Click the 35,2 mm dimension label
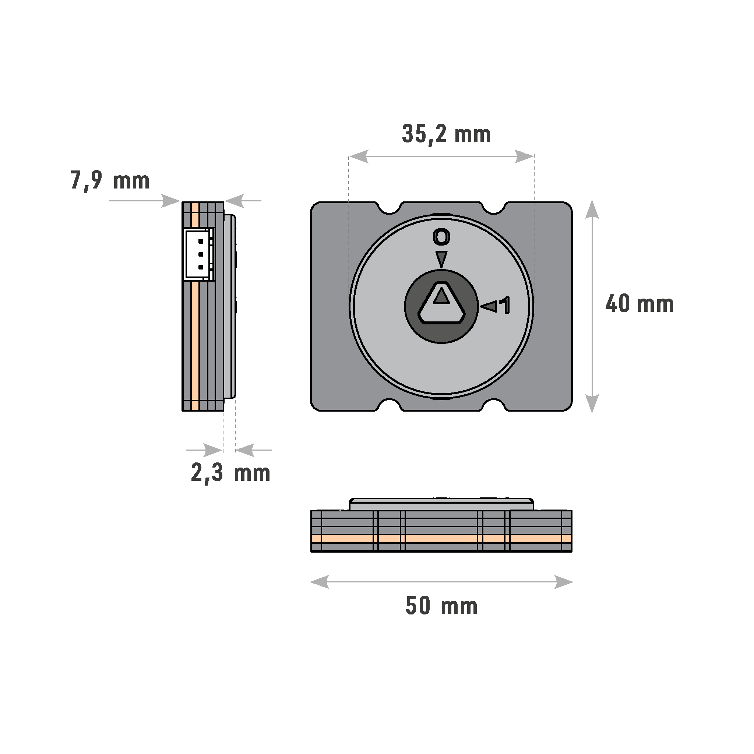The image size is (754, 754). coord(446,134)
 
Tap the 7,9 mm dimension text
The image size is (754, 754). coord(110,181)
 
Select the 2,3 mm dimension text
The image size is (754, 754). coord(230,473)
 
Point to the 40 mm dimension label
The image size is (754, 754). coord(639,304)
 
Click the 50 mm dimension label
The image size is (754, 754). coord(441,606)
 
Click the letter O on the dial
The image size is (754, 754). coord(441,237)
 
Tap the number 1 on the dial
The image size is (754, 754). coord(506,306)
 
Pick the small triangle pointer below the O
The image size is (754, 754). coord(441,259)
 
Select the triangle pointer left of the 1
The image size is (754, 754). coord(489,306)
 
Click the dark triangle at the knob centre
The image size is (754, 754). coord(441,296)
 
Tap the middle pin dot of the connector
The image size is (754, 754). coord(201,254)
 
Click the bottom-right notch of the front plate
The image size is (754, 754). coord(494,404)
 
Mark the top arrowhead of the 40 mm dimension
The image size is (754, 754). coord(592,209)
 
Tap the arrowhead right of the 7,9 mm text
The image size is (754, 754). coord(170,201)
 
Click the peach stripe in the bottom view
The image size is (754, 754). coord(441,539)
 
